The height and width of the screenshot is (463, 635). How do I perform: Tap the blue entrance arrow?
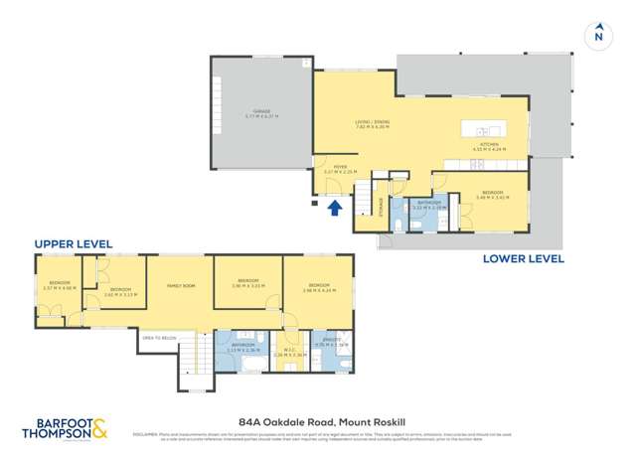336,207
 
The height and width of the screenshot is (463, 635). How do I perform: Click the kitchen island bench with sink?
489,131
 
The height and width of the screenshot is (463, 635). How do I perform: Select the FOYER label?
340,168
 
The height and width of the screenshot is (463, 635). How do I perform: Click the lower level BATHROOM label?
428,204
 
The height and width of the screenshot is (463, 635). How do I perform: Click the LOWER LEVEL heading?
524,258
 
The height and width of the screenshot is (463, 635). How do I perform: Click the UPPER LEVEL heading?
74,243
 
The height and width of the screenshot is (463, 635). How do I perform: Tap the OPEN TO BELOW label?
158,338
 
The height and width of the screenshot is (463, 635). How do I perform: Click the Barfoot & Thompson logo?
67,430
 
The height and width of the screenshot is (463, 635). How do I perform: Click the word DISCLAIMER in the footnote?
146,433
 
